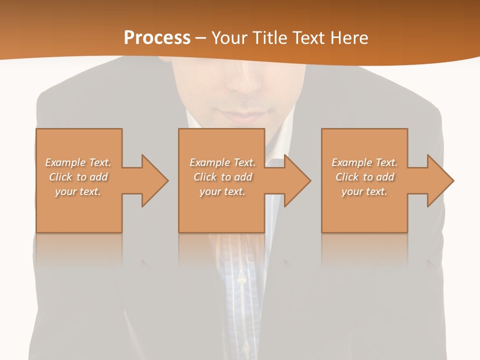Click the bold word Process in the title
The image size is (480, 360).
point(157,38)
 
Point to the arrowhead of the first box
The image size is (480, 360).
point(155,180)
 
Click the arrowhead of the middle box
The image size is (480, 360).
point(297,180)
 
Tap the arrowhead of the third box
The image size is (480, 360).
point(440,180)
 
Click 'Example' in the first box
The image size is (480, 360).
point(65,162)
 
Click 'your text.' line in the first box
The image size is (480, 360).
point(78,191)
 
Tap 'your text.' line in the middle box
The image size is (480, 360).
point(222,191)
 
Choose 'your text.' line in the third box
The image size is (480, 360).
point(364,191)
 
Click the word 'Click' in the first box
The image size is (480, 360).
point(60,177)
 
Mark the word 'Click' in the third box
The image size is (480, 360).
point(347,177)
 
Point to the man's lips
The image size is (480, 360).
point(245,118)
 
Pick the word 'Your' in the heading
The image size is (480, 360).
point(228,38)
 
